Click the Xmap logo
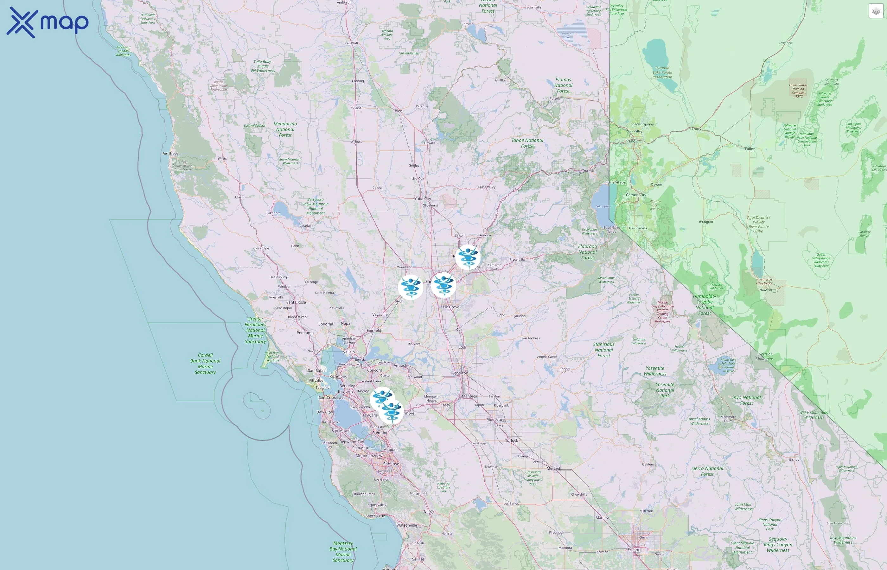click(48, 22)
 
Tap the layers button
click(876, 11)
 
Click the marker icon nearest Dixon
click(411, 287)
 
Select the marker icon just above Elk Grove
click(443, 285)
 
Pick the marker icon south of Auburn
click(468, 256)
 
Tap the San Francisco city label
click(331, 398)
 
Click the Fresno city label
click(634, 550)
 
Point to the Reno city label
click(631, 141)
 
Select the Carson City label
click(636, 195)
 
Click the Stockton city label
click(460, 373)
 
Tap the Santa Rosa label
click(296, 302)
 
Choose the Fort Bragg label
click(170, 153)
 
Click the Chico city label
click(397, 111)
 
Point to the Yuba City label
click(422, 199)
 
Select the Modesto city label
click(494, 419)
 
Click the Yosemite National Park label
click(665, 390)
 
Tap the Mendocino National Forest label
click(285, 129)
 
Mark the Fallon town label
click(750, 149)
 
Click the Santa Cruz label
click(375, 516)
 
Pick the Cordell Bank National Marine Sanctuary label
click(205, 364)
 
